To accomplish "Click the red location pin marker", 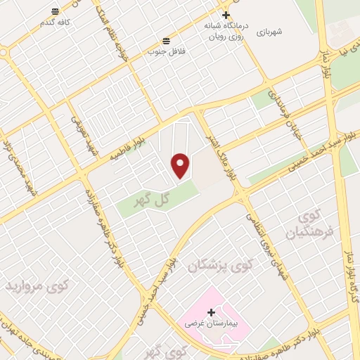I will point(181,165).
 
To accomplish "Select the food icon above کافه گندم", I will point(55,12).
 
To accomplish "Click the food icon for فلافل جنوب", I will point(165,40).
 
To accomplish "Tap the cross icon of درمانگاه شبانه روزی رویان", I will point(226,15).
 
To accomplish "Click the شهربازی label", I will point(269,32).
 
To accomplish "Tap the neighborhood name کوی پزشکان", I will point(219,265).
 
